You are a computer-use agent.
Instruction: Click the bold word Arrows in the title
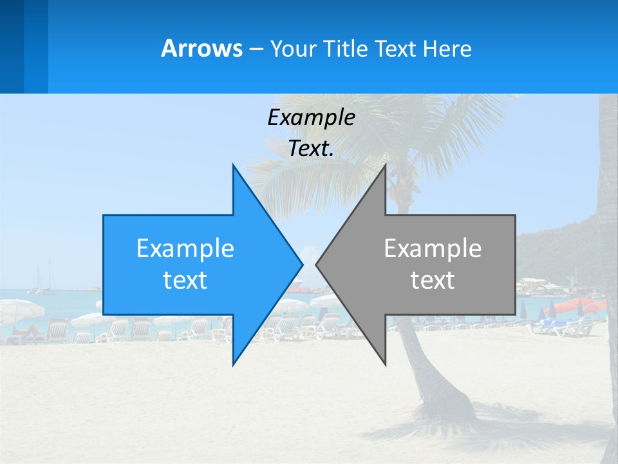tap(201, 48)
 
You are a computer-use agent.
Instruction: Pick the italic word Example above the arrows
tap(311, 117)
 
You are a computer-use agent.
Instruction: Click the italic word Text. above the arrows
tap(311, 149)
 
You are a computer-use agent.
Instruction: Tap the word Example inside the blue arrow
tap(185, 248)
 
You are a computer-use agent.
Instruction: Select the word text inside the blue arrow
tap(185, 280)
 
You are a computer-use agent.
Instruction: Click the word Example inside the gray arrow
tap(433, 248)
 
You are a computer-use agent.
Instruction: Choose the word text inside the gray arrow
tap(433, 280)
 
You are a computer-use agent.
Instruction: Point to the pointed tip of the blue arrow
tap(302, 264)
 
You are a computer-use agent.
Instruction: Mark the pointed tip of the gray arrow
tap(316, 264)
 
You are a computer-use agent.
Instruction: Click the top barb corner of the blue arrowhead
tap(233, 165)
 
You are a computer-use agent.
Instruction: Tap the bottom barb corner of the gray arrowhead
tap(385, 365)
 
